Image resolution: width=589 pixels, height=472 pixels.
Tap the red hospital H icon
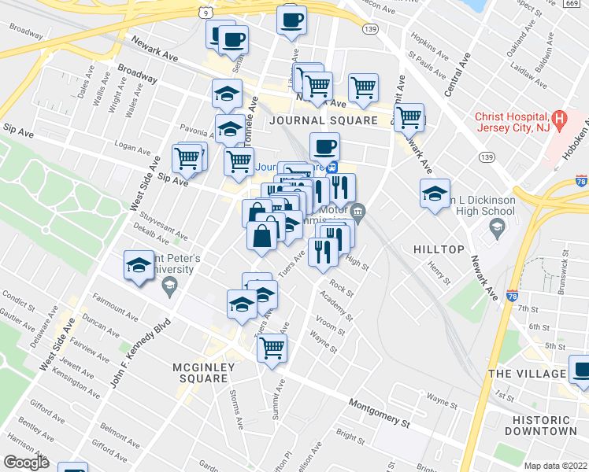560,119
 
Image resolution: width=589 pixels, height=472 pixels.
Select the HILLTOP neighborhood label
439,249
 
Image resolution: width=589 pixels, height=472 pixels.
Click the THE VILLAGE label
527,373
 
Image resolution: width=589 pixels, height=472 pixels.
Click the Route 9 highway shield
205,13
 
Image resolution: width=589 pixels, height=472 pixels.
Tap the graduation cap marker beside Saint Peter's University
139,265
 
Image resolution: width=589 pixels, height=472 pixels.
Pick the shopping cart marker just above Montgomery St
272,347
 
